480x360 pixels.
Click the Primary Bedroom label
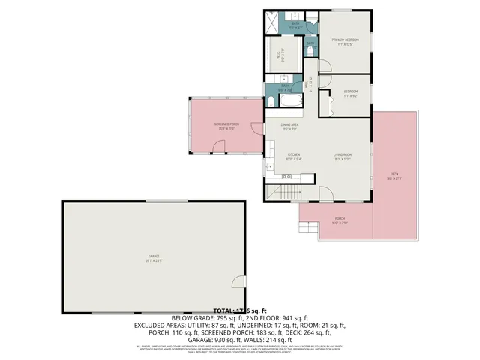coord(346,40)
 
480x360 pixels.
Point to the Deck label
coord(394,177)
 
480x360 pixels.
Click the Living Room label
coord(343,154)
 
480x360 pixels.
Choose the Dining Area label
coord(290,125)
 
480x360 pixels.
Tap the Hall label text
coord(307,85)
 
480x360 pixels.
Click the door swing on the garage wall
coord(237,282)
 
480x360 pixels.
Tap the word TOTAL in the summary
coord(223,310)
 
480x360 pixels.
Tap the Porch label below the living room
coord(340,220)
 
